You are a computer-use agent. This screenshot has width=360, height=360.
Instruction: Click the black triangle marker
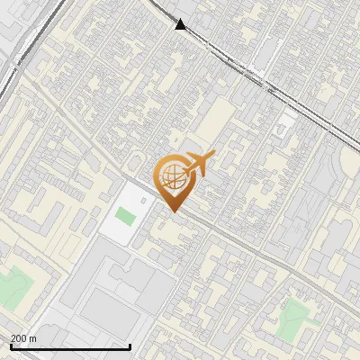pos(181,24)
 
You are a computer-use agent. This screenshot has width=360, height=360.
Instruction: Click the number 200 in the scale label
pos(20,338)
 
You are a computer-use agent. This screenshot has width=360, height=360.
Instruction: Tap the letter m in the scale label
pos(33,338)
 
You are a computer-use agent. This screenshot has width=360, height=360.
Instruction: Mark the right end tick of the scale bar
pos(130,346)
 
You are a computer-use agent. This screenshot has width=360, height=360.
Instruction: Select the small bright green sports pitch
pos(125,217)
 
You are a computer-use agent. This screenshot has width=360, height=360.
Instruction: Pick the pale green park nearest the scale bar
pos(13,289)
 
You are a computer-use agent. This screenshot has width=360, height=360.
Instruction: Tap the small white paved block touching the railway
pos(286,122)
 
